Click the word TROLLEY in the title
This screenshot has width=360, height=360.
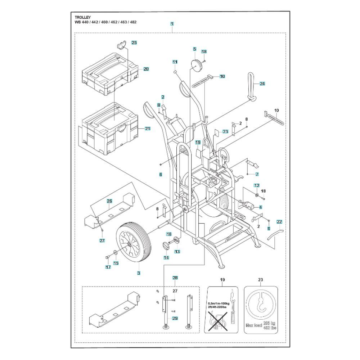(83, 17)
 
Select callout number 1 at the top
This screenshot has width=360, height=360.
(172, 24)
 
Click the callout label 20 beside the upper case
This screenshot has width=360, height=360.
(146, 69)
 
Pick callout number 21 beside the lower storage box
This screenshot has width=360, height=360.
(148, 129)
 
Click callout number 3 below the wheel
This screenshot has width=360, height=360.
(139, 273)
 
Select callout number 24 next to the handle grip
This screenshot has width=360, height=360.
(262, 84)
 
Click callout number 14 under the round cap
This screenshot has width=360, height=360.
(166, 257)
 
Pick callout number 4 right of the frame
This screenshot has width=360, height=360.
(260, 207)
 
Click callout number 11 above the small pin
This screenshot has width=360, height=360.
(175, 62)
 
